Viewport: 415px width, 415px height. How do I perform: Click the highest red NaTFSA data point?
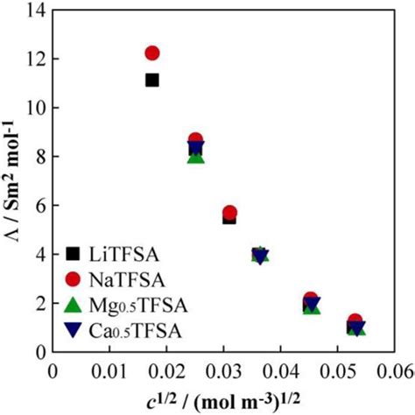[x=152, y=53]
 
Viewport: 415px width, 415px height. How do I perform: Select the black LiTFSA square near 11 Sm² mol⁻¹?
[x=151, y=80]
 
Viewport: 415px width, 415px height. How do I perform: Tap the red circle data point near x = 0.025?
[x=196, y=140]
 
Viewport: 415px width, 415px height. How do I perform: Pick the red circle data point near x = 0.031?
[x=229, y=212]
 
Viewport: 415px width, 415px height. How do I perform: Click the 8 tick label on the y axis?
[x=39, y=157]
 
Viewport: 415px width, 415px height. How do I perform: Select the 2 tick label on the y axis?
[x=39, y=303]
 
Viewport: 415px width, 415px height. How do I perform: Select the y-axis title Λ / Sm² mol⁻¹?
[x=12, y=179]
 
